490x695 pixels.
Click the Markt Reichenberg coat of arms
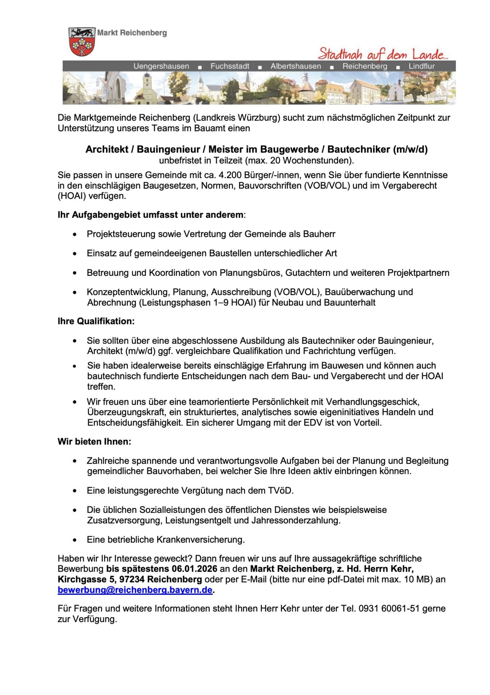point(82,42)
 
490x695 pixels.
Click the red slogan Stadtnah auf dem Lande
point(383,54)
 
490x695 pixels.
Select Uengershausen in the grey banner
point(161,66)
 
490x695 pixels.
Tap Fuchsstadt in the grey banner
point(230,66)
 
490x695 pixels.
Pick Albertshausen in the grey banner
point(296,66)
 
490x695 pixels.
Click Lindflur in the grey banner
point(422,66)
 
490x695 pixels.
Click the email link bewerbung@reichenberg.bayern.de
point(135,590)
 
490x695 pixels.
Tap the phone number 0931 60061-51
point(389,608)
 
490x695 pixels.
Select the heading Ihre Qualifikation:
point(96,321)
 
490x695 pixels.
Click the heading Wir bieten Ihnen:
point(94,442)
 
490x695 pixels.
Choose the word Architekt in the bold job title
point(107,149)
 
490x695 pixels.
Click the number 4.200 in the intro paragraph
point(230,175)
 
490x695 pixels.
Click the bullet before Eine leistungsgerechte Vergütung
point(75,491)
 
